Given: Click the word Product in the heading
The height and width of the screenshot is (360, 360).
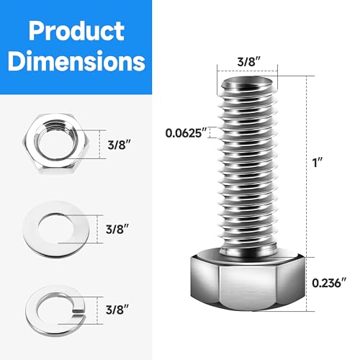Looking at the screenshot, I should (73, 31).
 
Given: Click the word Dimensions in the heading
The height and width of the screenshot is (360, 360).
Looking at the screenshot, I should (73, 62).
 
